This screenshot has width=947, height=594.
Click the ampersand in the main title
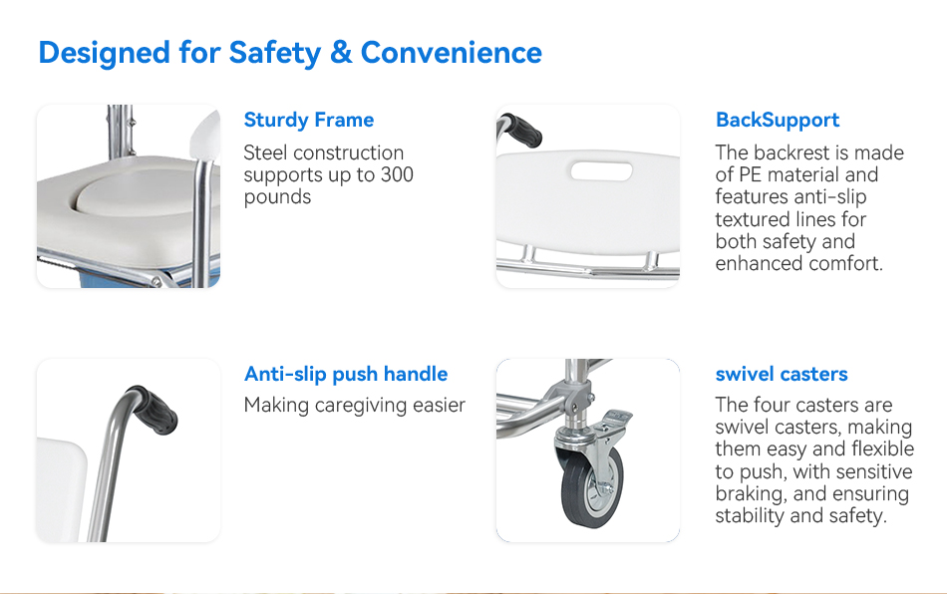[341, 53]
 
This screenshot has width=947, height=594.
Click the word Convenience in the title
[452, 53]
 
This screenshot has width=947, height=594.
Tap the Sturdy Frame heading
[309, 121]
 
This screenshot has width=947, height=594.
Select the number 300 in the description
[397, 174]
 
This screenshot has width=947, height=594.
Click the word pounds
[277, 197]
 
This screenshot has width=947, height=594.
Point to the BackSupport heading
[778, 121]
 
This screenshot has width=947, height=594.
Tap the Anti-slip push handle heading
[346, 375]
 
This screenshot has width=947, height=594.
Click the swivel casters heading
[782, 375]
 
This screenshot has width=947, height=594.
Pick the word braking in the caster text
[751, 493]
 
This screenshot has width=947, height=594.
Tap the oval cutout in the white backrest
[601, 171]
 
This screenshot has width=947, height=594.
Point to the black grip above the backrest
[521, 130]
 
